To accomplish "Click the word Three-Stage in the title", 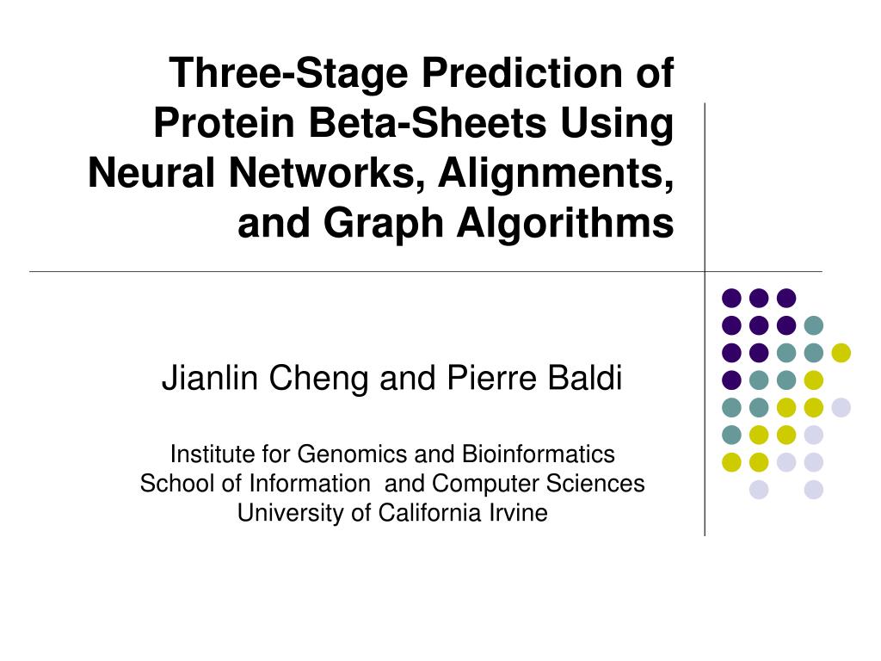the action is click(288, 74).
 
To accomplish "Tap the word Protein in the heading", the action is click(225, 122).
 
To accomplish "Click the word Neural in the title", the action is click(151, 172).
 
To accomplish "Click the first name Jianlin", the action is click(209, 377).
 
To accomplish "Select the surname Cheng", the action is click(318, 379).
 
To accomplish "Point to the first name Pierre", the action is click(485, 377).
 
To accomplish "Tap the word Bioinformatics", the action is click(538, 454).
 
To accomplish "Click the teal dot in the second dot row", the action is click(814, 324).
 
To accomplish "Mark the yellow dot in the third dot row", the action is click(841, 352).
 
